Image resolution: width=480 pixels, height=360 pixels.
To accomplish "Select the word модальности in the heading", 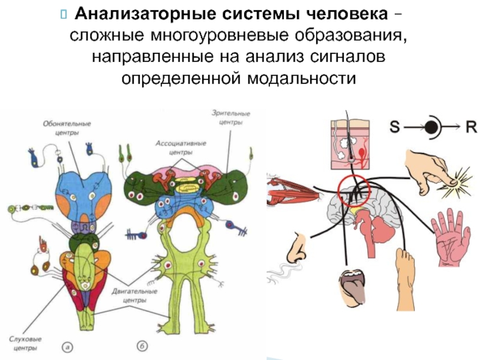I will [x=300, y=79].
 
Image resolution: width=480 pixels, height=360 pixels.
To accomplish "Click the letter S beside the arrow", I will [x=395, y=127].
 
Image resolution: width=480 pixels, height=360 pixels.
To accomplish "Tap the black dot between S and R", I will [x=433, y=127].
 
